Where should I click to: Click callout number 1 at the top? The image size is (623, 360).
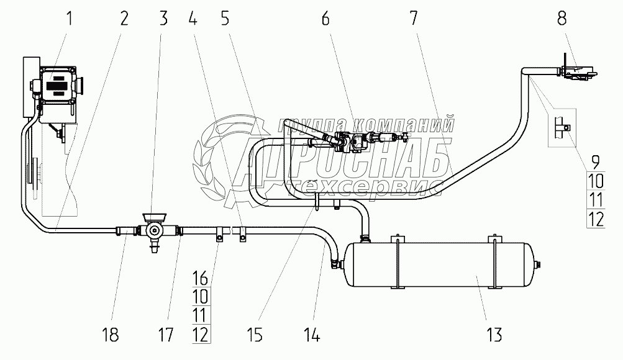pyautogui.click(x=69, y=18)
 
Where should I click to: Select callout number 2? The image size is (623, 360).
pyautogui.click(x=124, y=18)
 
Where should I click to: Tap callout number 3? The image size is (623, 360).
pyautogui.click(x=163, y=18)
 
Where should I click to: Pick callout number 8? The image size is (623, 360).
pyautogui.click(x=562, y=19)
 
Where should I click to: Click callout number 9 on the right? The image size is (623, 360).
pyautogui.click(x=595, y=163)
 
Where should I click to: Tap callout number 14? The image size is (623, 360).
pyautogui.click(x=312, y=336)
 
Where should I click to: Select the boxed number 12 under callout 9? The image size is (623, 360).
pyautogui.click(x=595, y=218)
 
